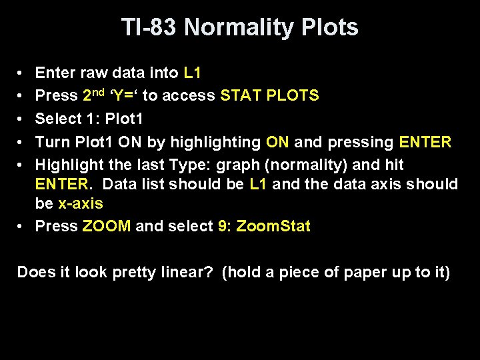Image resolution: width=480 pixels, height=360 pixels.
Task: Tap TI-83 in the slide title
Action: (x=150, y=27)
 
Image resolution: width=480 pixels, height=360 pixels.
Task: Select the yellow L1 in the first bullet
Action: (x=193, y=72)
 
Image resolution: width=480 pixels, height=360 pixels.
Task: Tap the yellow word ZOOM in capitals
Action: (x=107, y=225)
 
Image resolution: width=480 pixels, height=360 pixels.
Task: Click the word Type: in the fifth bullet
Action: (x=189, y=164)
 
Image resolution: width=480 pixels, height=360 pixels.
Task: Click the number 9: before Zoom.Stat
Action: (x=225, y=225)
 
